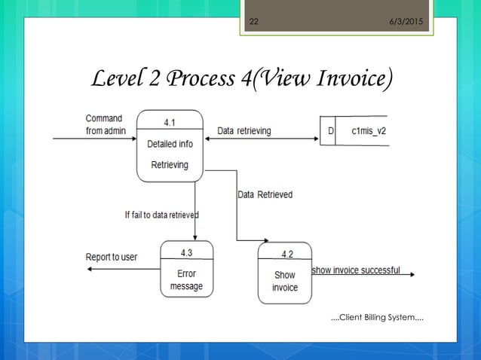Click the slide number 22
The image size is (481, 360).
tap(254, 21)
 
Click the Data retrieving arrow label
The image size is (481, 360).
tap(244, 131)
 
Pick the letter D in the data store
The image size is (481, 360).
tap(329, 131)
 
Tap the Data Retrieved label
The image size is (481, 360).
tap(265, 194)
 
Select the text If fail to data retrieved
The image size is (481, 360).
tap(161, 215)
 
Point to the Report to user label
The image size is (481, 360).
tap(112, 257)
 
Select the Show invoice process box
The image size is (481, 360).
tap(285, 281)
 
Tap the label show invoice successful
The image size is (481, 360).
tap(356, 270)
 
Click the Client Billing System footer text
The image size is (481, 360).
tap(377, 319)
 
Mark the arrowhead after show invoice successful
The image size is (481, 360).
tap(411, 275)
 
